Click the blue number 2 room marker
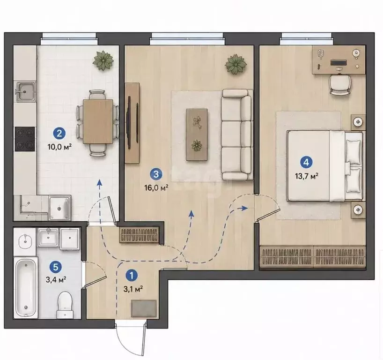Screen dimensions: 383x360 59,134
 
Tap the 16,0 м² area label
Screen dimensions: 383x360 156,187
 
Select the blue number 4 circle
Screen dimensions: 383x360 307,162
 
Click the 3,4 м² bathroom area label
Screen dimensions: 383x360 56,279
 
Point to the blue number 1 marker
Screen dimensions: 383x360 132,275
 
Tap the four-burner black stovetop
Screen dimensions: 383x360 25,139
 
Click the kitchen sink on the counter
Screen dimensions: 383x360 26,91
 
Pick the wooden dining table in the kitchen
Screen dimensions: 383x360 98,121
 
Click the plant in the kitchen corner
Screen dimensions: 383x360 103,60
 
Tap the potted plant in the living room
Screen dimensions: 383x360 236,64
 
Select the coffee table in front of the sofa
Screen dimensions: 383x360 197,135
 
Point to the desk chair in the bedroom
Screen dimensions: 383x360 339,84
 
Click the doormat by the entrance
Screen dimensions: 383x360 144,308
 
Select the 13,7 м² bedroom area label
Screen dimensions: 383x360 307,176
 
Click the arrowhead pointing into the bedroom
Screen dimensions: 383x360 244,208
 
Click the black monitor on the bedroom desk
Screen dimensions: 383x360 339,63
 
